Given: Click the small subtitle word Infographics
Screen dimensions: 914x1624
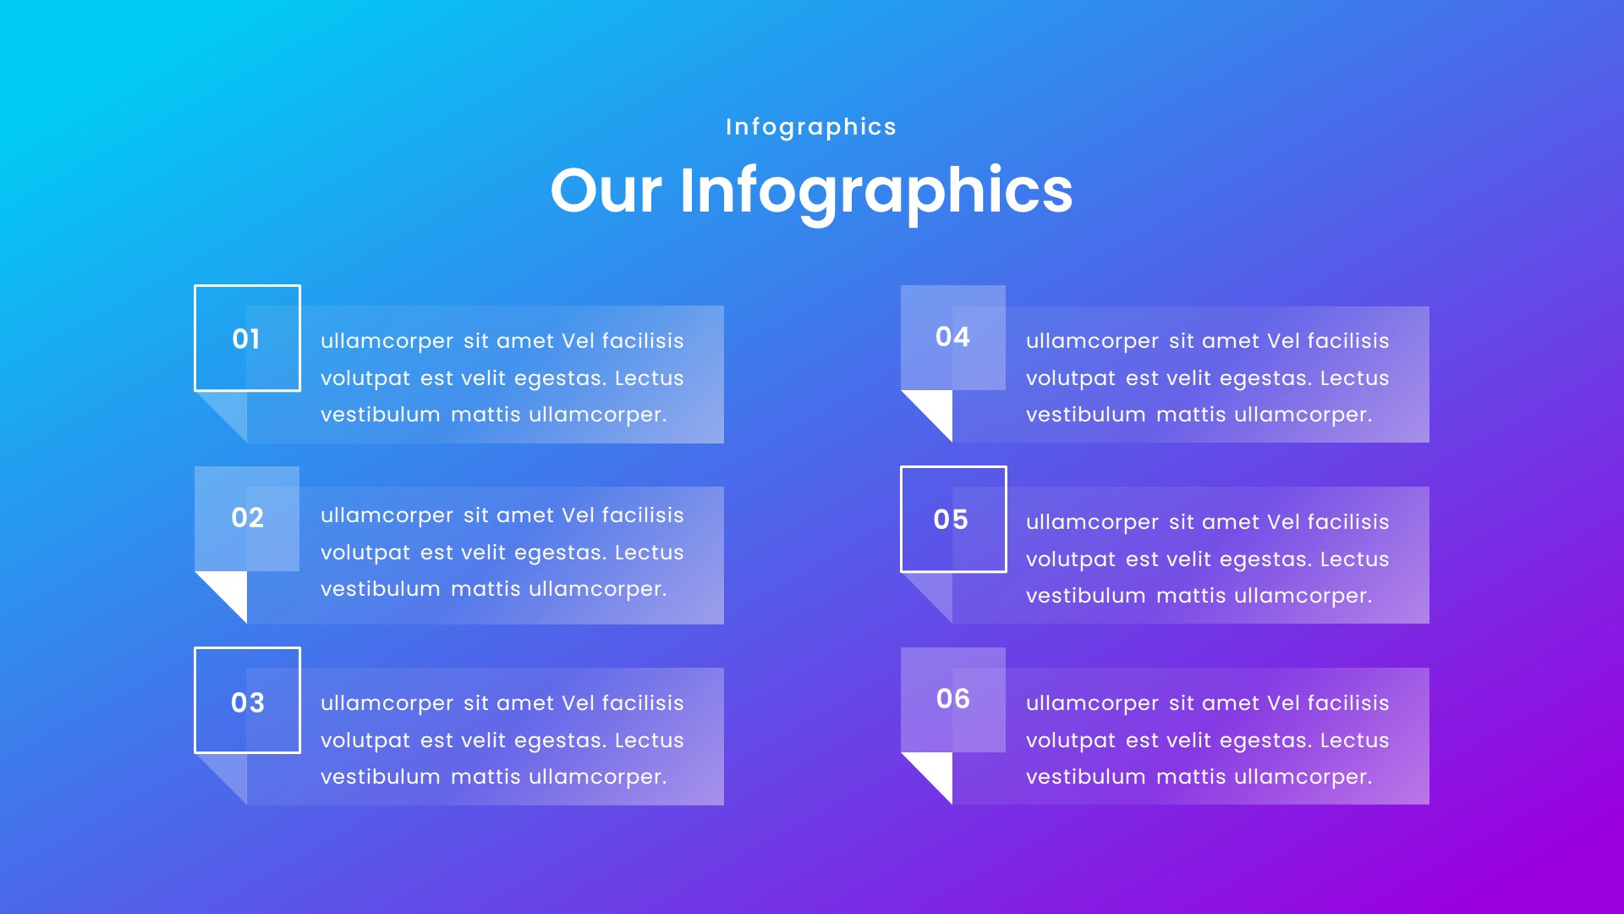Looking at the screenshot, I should pyautogui.click(x=810, y=127).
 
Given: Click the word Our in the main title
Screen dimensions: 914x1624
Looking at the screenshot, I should pyautogui.click(x=606, y=190).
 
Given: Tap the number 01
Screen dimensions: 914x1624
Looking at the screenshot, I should pyautogui.click(x=246, y=339).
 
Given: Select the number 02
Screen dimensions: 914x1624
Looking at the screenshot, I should pyautogui.click(x=247, y=518).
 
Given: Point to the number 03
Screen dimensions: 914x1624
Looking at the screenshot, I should pyautogui.click(x=247, y=702).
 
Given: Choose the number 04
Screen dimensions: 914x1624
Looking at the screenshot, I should pyautogui.click(x=952, y=337).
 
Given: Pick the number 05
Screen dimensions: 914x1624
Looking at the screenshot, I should pyautogui.click(x=951, y=520).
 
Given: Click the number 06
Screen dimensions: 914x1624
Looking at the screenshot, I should pyautogui.click(x=952, y=699).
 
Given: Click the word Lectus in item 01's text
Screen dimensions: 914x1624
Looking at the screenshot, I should pyautogui.click(x=649, y=378).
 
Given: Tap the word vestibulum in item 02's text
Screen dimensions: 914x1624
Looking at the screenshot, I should pyautogui.click(x=380, y=589).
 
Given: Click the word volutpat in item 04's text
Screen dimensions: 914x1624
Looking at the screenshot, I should pyautogui.click(x=1070, y=378).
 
